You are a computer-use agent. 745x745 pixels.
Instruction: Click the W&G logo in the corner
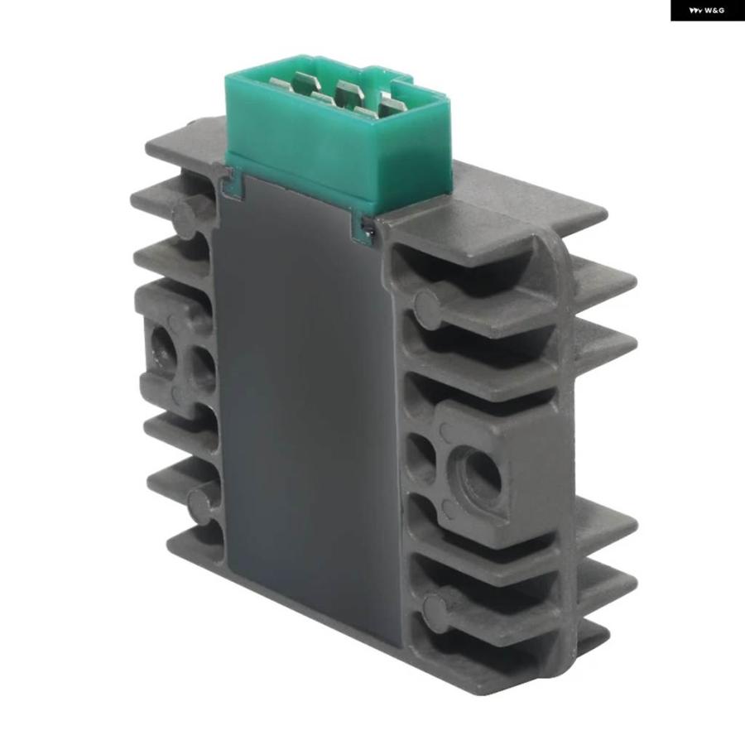coord(707,10)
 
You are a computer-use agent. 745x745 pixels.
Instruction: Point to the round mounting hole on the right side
coord(481,476)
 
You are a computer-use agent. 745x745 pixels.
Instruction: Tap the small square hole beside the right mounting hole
coord(421,455)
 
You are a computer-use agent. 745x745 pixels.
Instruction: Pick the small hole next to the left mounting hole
coord(204,368)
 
